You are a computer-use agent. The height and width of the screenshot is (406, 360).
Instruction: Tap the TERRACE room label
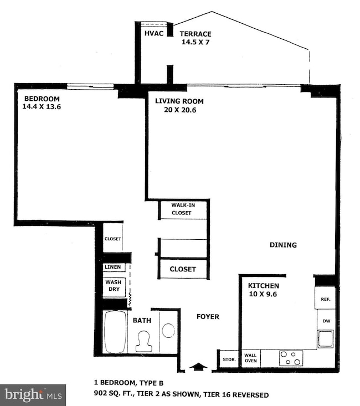[197, 34]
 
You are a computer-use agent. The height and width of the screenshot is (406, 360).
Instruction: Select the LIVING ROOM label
[179, 101]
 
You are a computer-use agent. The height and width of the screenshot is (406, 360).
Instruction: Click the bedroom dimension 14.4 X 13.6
[42, 107]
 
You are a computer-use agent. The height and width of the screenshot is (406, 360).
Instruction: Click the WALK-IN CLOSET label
[181, 209]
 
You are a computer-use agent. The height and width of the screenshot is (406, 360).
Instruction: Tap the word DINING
[283, 245]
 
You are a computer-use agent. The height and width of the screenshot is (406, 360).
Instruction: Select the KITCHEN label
[263, 285]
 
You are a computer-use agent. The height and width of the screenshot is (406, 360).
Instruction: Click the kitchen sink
[325, 338]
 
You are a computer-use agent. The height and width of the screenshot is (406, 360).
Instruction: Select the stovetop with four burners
[291, 358]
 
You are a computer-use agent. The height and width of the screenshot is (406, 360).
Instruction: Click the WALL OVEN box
[251, 358]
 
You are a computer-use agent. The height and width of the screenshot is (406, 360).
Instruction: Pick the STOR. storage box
[229, 359]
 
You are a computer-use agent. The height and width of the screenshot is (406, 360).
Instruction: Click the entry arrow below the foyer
[197, 366]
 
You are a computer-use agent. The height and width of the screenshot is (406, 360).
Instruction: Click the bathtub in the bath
[115, 332]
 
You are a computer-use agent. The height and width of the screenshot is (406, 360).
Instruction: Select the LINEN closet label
[113, 267]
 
